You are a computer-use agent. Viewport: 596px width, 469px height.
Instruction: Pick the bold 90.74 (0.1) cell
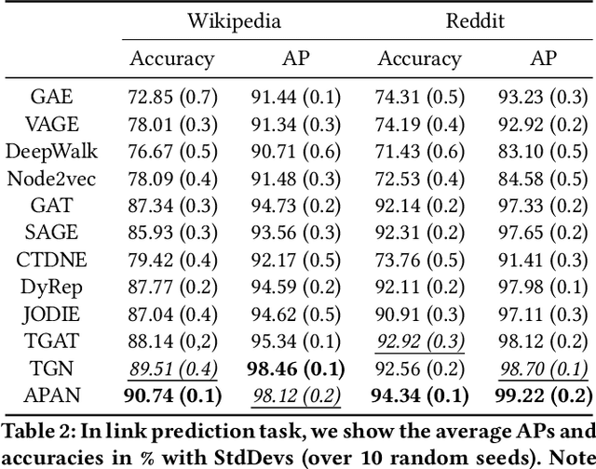tap(172, 395)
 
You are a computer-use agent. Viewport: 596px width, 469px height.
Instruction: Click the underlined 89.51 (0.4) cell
tap(172, 368)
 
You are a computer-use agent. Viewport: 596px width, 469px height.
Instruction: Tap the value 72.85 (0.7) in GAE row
tap(172, 95)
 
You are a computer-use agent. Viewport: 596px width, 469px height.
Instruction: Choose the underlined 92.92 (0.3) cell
tap(420, 341)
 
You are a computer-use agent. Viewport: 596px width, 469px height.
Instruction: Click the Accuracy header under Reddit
tap(420, 60)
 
